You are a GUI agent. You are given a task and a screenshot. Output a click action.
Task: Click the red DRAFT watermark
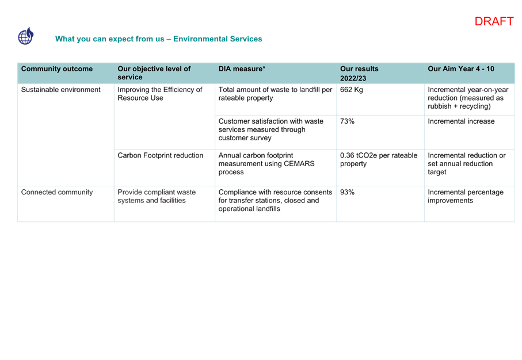[x=494, y=21]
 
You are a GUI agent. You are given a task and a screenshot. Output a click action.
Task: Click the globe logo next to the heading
[x=26, y=36]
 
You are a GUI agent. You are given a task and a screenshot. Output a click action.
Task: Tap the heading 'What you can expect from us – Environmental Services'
[x=158, y=39]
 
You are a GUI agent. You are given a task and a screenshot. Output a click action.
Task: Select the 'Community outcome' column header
[x=57, y=69]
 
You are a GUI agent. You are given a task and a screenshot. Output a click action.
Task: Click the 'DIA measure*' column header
[x=242, y=69]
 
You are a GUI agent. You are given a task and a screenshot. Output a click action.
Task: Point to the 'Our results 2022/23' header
[x=359, y=73]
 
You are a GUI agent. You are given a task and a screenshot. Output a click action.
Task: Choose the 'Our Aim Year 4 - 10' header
[x=461, y=69]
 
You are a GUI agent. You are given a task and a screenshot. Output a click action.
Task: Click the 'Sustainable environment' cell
[x=60, y=90]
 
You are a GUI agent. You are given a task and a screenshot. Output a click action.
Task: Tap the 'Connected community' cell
[x=57, y=192]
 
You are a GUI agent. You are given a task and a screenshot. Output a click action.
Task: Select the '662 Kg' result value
[x=351, y=90]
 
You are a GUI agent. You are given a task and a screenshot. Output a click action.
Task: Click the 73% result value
[x=347, y=121]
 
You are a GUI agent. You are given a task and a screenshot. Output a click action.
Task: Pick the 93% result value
[x=347, y=192]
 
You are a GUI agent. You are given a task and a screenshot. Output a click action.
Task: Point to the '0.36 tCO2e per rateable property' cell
[x=379, y=159]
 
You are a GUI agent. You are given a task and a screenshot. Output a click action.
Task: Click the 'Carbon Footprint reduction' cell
[x=160, y=155]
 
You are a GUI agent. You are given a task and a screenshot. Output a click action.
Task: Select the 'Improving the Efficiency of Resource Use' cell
[x=160, y=94]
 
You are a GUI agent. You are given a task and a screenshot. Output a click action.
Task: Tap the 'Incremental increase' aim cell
[x=461, y=121]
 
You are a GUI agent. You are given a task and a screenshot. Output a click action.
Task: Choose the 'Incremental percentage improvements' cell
[x=466, y=196]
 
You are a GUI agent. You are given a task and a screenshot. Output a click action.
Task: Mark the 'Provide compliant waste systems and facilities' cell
[x=157, y=196]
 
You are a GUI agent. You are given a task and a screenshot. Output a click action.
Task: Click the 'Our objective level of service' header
[x=154, y=73]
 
